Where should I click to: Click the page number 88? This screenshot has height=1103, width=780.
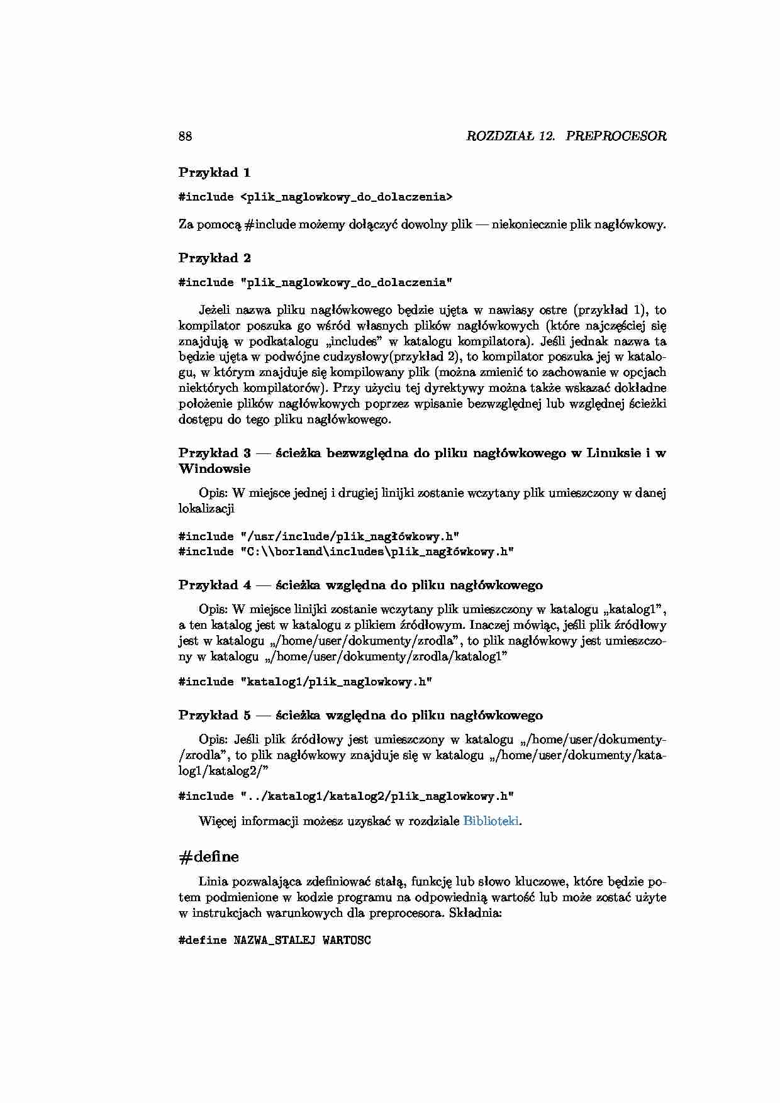click(186, 136)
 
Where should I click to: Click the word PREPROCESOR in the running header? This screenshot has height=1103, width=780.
click(616, 136)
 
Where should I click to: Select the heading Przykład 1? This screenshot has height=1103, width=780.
click(214, 172)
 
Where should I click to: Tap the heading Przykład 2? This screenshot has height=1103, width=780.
click(214, 258)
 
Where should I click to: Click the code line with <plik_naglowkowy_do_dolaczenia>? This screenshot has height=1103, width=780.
click(315, 197)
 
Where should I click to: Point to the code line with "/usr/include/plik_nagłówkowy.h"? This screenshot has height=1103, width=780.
click(319, 536)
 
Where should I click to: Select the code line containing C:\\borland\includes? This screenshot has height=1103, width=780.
click(346, 551)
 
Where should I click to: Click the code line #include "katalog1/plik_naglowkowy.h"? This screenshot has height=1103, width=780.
click(305, 682)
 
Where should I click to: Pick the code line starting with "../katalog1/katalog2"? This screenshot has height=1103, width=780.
click(346, 796)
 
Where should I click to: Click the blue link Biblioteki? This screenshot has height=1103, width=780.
click(491, 821)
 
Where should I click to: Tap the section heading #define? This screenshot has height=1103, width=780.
click(209, 856)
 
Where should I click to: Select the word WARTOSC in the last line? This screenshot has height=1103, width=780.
click(347, 941)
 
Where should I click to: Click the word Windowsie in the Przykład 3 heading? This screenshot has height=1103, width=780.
click(214, 468)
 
